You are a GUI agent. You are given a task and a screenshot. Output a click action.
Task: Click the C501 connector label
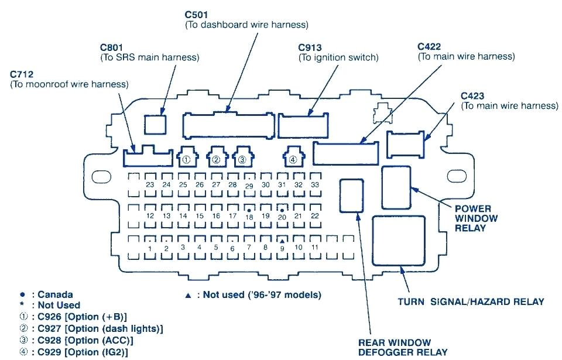pos(197,14)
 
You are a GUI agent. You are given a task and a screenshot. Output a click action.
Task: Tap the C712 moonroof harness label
pos(21,74)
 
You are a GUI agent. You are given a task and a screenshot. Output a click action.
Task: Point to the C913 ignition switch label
pos(310,47)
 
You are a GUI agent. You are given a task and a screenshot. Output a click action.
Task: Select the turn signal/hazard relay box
pos(399,240)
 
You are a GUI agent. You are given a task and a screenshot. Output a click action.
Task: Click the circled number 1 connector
pos(186,158)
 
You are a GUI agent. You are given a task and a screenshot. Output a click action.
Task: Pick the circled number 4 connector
pos(293,158)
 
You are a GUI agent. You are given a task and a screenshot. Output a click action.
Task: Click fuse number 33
pos(316,184)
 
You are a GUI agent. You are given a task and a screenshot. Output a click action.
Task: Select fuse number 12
pos(150,215)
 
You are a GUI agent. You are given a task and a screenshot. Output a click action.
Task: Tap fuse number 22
pos(315,215)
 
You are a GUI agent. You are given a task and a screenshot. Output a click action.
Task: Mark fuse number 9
pos(282,247)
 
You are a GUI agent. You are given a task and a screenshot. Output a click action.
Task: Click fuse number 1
pos(150,248)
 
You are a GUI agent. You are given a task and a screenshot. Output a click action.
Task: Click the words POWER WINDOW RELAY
pos(476,218)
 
